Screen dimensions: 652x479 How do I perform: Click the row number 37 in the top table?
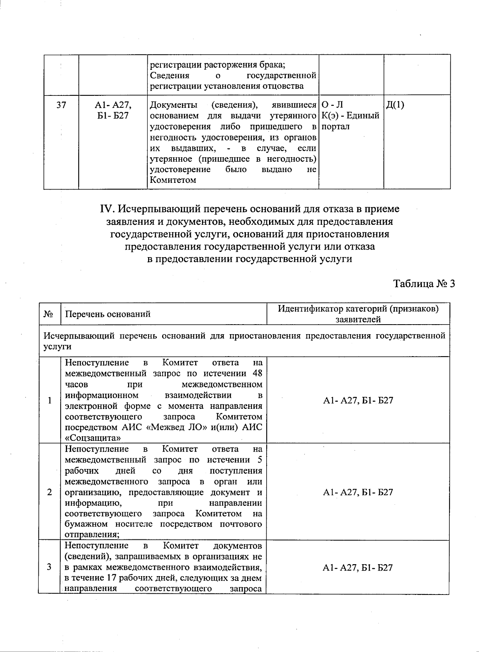(x=61, y=105)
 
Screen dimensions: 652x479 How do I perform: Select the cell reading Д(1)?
(x=395, y=105)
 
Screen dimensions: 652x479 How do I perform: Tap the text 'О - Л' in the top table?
(x=332, y=105)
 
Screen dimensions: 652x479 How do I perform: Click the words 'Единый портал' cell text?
(x=350, y=121)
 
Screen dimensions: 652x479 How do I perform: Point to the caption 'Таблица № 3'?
(x=424, y=283)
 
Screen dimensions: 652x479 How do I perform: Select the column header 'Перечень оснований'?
(x=108, y=314)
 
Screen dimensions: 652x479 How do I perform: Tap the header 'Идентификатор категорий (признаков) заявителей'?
(x=358, y=314)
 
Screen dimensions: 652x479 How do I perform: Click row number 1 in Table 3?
(x=49, y=400)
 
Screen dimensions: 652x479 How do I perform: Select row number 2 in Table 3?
(x=49, y=492)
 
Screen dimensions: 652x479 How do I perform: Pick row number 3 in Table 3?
(x=49, y=567)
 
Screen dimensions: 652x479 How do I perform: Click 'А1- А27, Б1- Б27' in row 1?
(x=358, y=400)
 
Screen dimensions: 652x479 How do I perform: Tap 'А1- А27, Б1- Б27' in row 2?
(x=358, y=492)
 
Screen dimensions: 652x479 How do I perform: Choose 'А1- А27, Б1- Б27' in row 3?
(x=358, y=567)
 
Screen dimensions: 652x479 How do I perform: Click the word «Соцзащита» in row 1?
(x=93, y=438)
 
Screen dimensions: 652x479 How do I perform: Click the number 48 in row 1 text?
(x=257, y=373)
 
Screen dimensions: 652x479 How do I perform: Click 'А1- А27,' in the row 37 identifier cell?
(x=113, y=105)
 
